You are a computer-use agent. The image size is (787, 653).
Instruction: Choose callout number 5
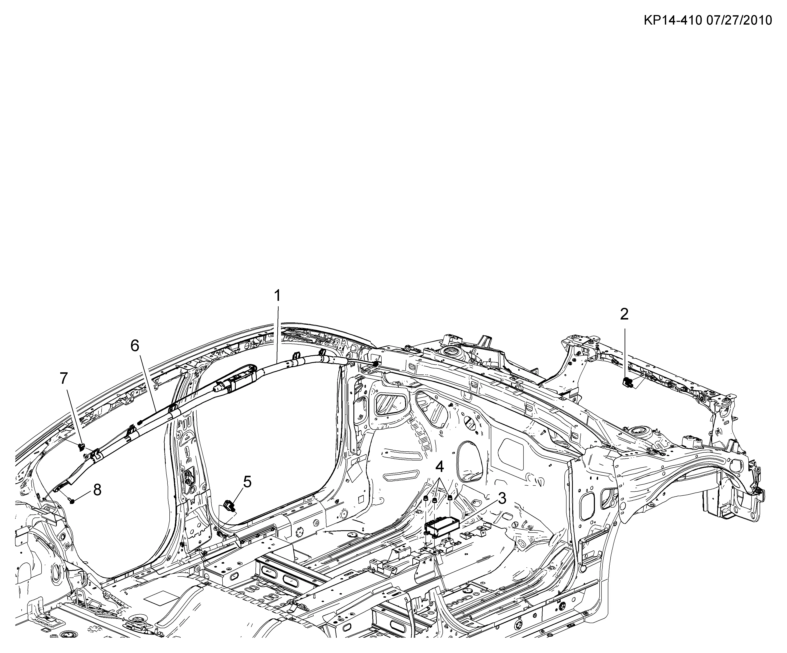tap(247, 482)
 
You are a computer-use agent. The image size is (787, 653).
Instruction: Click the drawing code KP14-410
tap(672, 20)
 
